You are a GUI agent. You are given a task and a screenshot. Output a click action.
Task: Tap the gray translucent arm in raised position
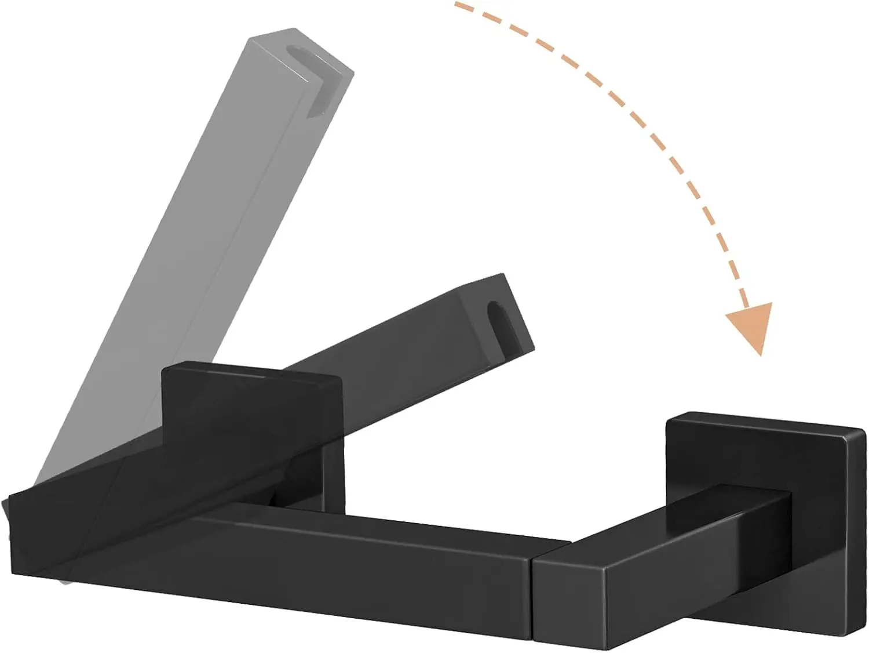[x=191, y=232]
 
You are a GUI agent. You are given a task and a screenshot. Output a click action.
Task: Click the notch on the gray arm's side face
[x=322, y=104]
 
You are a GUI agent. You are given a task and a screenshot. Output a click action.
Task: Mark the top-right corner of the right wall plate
[x=863, y=430]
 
